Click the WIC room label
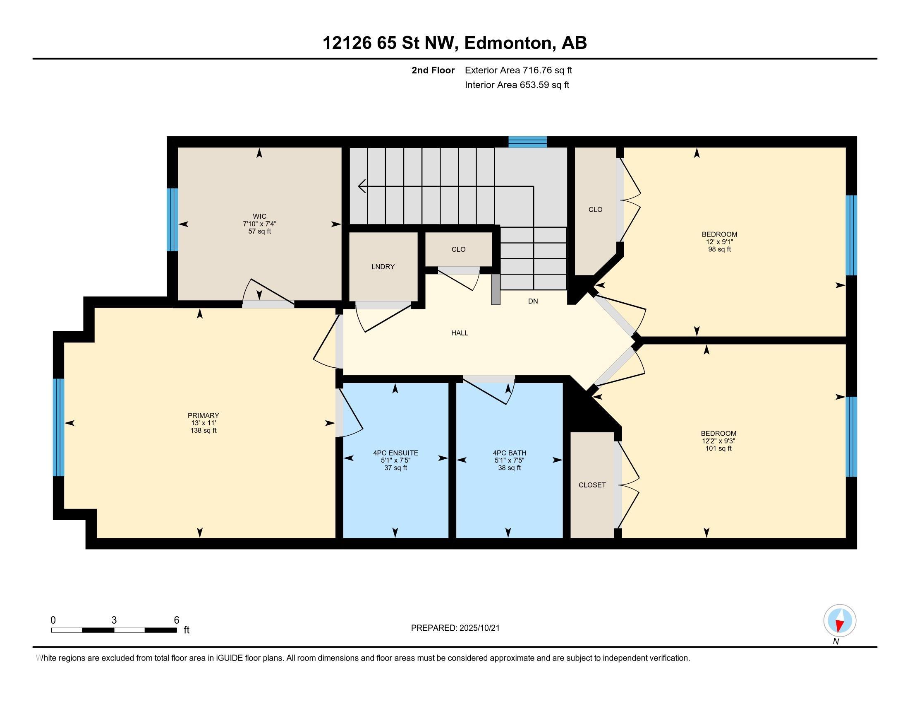tap(259, 216)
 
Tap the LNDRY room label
tap(383, 267)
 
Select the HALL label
tap(460, 333)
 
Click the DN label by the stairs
tap(533, 301)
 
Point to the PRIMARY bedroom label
tap(204, 415)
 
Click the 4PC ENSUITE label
tap(395, 453)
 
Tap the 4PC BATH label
tap(509, 453)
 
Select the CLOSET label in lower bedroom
tap(592, 485)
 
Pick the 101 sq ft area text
tap(718, 449)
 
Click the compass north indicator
tap(840, 621)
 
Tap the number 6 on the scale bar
tap(176, 620)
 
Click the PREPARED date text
tap(455, 628)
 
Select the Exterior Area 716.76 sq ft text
tap(518, 70)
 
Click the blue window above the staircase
tap(527, 142)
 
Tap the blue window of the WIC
tap(172, 220)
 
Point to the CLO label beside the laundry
tap(458, 249)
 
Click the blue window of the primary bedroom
tap(59, 427)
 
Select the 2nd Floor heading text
tap(433, 70)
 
